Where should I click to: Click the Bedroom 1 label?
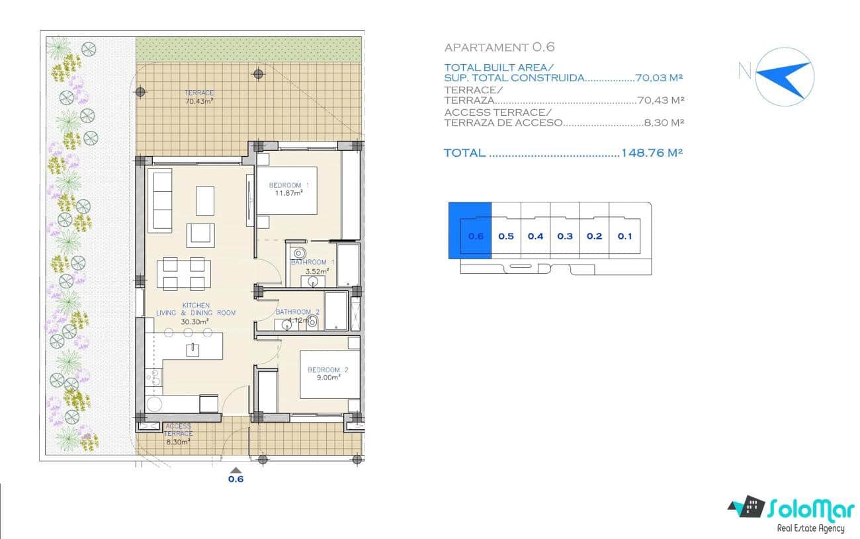click(x=285, y=186)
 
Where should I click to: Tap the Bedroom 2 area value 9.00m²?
click(x=323, y=378)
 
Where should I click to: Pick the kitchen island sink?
click(x=193, y=349)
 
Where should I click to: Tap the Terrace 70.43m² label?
click(x=199, y=97)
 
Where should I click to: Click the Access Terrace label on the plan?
click(x=179, y=430)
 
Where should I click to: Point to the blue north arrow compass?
click(x=783, y=76)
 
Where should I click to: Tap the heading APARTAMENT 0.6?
click(x=499, y=47)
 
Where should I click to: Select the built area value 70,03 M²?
click(x=658, y=77)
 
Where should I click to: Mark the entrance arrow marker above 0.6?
click(x=236, y=470)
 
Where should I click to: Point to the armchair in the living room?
click(x=201, y=234)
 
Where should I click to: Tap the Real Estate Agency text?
click(x=810, y=528)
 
